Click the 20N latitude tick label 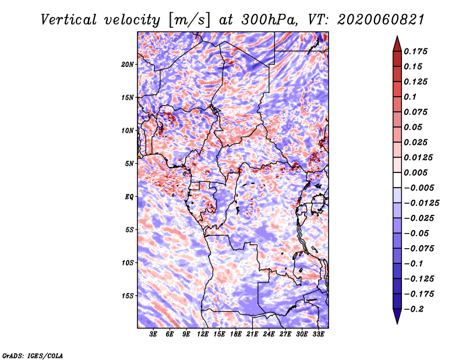tap(128, 65)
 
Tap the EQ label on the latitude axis tap(129, 197)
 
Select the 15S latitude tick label tap(128, 296)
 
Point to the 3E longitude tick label tap(153, 334)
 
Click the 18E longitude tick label tap(236, 334)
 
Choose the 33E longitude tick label tap(318, 334)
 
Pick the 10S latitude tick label tap(128, 263)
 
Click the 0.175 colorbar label tap(415, 51)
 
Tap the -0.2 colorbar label tap(414, 309)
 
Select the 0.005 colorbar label tap(415, 172)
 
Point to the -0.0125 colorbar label tap(421, 203)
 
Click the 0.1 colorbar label tap(410, 97)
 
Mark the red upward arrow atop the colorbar tap(397, 44)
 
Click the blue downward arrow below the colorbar tap(397, 316)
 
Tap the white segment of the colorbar tap(397, 180)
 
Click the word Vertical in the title tap(69, 20)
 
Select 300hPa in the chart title tap(269, 20)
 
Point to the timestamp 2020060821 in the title tap(380, 20)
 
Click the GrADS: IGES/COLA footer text tap(33, 356)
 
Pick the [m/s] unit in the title tap(189, 20)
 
